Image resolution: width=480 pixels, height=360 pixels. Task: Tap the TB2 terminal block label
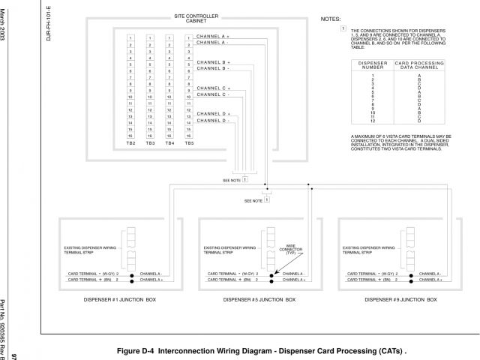[130, 142]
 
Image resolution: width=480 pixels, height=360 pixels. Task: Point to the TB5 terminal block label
[189, 142]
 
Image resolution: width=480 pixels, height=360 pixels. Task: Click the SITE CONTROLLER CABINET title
[197, 19]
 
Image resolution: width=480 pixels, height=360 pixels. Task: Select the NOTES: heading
[330, 17]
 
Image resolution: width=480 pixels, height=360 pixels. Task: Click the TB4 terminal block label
[169, 142]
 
